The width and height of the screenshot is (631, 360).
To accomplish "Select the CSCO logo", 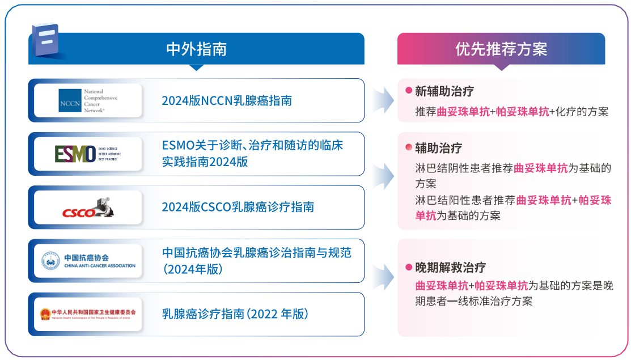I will coord(88,207).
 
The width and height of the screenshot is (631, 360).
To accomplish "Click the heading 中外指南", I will coord(196,49).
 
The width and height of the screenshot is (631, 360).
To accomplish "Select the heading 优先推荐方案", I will coord(501,49).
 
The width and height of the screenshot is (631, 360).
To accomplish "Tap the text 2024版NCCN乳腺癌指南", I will coord(227,100).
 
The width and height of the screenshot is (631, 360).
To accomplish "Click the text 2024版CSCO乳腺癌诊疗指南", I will coord(238,207).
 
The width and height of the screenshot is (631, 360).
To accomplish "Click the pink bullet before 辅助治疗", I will coord(408,148).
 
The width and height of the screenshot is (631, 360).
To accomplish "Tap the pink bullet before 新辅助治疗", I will coord(408,91).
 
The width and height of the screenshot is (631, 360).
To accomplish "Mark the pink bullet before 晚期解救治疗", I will coord(408,268).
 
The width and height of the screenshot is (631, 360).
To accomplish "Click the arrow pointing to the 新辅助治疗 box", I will coord(383,100).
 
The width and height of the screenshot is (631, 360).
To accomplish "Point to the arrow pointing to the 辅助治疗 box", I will coord(383,175).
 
